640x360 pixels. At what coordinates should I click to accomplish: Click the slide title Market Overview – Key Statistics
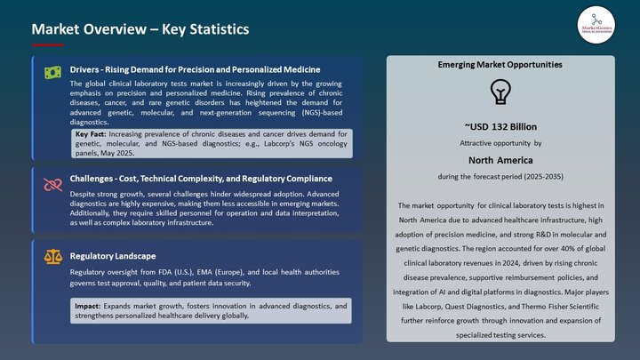click(140, 29)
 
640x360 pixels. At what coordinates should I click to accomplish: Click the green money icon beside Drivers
click(52, 72)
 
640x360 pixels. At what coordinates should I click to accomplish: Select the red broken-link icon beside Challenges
click(52, 184)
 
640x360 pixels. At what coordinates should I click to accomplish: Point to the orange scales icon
click(52, 256)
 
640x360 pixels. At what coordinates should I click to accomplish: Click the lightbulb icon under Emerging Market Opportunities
click(500, 91)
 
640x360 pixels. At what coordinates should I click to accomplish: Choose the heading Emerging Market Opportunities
click(500, 65)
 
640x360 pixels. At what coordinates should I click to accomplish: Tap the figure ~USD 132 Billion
click(500, 127)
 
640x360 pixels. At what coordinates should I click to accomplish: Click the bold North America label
click(500, 160)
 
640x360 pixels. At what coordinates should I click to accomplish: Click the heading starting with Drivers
click(196, 68)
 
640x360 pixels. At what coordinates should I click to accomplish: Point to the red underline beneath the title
click(48, 44)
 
